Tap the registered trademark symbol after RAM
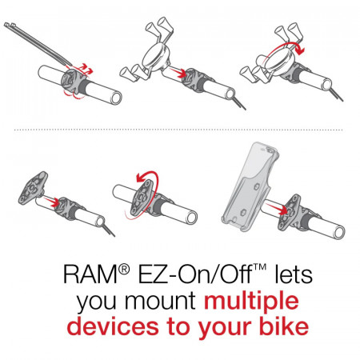124,270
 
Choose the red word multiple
251,302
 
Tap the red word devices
113,326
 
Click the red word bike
284,326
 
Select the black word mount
160,302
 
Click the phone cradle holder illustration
250,186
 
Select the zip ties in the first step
38,43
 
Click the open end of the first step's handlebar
116,98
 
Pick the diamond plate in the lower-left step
34,188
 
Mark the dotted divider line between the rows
178,130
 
